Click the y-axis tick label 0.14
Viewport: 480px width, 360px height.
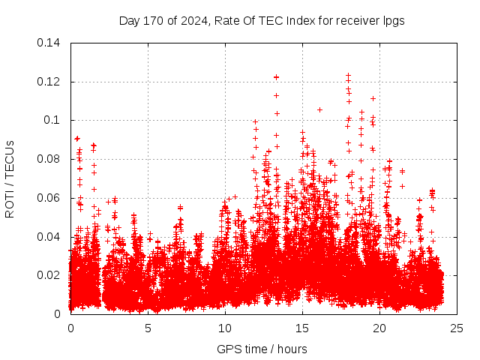click(x=49, y=43)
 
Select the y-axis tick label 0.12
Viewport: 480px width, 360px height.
click(x=49, y=81)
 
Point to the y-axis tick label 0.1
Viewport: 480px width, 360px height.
click(x=52, y=120)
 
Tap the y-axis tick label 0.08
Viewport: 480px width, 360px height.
click(x=49, y=159)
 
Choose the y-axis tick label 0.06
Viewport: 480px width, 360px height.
click(x=49, y=198)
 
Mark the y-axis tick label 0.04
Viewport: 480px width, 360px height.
click(x=49, y=237)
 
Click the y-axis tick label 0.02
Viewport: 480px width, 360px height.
click(x=49, y=275)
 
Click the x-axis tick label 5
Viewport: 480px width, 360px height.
click(x=148, y=328)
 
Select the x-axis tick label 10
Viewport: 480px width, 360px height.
click(x=225, y=328)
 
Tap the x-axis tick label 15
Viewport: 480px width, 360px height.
click(x=302, y=328)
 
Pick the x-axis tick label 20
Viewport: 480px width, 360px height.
click(x=379, y=328)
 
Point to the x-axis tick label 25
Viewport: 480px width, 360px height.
click(x=456, y=328)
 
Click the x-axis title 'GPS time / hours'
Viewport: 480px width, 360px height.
click(x=262, y=349)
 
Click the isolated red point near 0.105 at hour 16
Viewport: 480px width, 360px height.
click(x=319, y=109)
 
